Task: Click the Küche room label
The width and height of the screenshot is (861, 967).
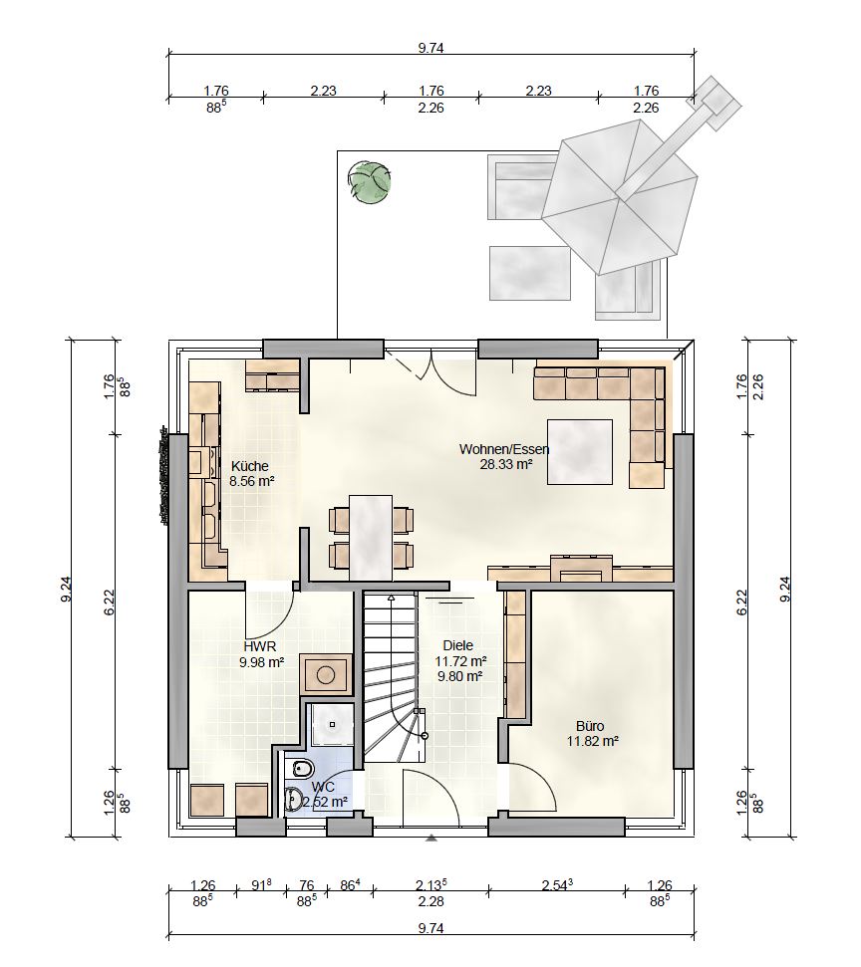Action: point(249,466)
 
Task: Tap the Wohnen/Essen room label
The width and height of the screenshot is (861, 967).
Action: point(504,449)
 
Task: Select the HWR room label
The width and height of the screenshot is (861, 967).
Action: point(260,646)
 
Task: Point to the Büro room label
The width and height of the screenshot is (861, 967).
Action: point(590,726)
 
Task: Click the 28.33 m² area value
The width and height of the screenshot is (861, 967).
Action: point(506,464)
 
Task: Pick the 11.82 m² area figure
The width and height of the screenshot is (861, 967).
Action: point(593,741)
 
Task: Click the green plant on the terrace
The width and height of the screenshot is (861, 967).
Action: point(369,181)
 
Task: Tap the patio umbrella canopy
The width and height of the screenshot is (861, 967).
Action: point(619,196)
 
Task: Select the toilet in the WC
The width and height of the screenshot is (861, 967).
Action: point(300,769)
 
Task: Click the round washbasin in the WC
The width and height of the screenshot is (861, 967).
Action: point(294,798)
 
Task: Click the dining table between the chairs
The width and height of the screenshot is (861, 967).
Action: point(371,537)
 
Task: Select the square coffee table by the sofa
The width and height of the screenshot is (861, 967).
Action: point(580,453)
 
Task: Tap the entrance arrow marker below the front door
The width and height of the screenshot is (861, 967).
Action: point(431,838)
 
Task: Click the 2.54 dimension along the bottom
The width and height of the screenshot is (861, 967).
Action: point(557,885)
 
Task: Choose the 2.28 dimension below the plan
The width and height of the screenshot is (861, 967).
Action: point(430,901)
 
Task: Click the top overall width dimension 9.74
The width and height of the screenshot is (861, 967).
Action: point(430,48)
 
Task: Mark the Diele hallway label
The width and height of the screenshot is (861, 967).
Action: point(458,645)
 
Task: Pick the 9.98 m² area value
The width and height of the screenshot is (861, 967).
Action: point(261,662)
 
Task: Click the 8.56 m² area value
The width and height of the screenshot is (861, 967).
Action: point(252,482)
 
